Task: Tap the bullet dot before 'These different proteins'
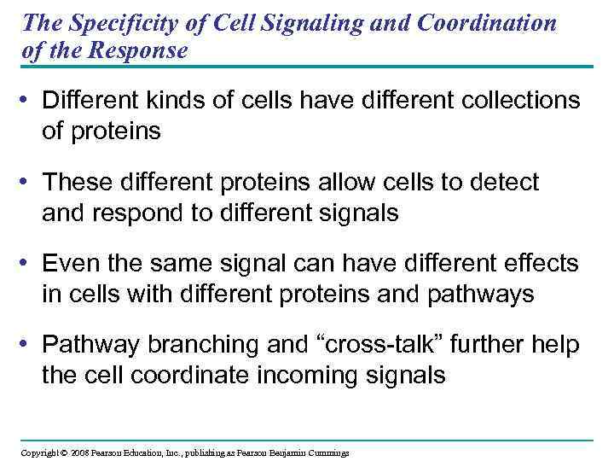tap(30, 183)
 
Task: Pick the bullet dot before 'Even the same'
tap(30, 265)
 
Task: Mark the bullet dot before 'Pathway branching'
tap(30, 346)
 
